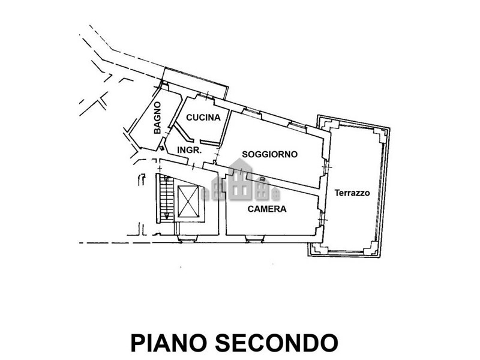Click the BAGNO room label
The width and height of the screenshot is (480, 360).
click(x=157, y=118)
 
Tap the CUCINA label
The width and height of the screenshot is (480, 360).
click(x=203, y=118)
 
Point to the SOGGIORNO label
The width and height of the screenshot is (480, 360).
click(x=270, y=154)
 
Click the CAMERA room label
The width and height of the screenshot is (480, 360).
click(x=267, y=209)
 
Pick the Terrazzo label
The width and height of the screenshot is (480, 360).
click(x=352, y=193)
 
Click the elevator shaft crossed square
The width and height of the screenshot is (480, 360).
click(x=190, y=203)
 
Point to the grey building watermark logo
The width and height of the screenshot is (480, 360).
click(x=239, y=187)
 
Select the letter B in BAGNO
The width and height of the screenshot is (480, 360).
click(x=158, y=130)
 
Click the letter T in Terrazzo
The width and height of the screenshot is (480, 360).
click(x=337, y=193)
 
